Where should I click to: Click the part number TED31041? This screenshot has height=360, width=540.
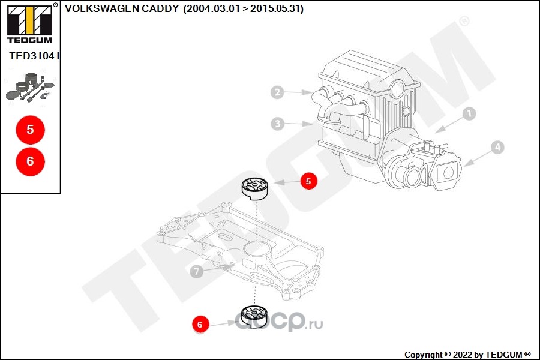34,56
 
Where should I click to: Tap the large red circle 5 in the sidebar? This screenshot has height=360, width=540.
30,130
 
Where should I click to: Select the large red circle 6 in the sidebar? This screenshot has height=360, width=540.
30,161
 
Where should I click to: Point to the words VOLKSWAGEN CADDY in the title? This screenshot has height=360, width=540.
121,9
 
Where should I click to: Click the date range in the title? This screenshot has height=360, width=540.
243,9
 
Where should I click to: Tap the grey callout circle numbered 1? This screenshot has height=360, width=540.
469,112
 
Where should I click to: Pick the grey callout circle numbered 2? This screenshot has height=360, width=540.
277,92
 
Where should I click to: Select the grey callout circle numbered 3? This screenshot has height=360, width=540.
277,124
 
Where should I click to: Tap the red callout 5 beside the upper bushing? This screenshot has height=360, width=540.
308,181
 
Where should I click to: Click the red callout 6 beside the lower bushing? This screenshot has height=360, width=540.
200,325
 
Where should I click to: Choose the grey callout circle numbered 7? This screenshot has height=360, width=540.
196,272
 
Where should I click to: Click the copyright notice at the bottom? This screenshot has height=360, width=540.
467,355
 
